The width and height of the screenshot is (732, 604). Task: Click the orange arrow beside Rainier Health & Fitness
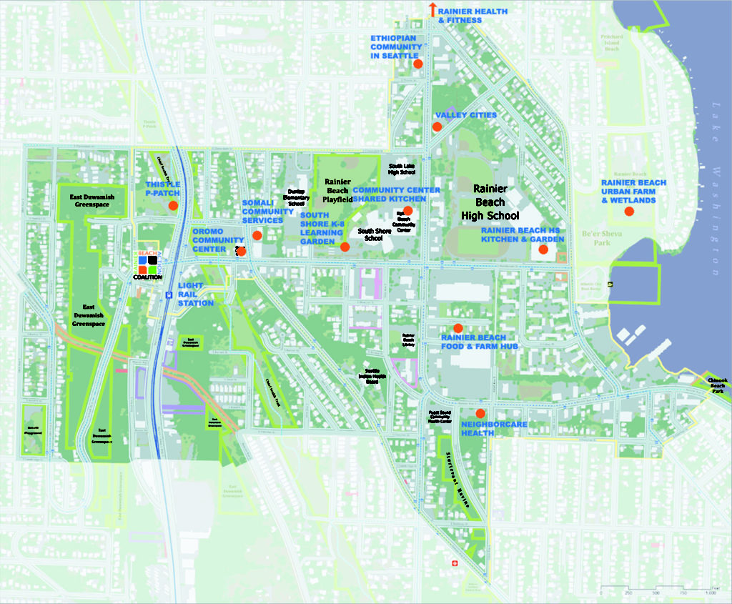point(432,9)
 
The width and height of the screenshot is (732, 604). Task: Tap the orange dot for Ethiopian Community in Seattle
point(418,64)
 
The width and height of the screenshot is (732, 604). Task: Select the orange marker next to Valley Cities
point(436,127)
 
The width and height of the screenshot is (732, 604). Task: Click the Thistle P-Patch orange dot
point(172,206)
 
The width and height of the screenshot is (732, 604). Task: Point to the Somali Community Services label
point(268,211)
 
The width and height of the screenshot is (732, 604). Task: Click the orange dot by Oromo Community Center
point(241,251)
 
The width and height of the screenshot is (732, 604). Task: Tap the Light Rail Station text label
point(195,294)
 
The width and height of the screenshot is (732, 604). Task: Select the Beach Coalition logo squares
point(148,264)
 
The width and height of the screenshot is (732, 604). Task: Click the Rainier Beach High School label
point(490,202)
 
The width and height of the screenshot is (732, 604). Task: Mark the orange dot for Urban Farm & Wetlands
point(629,211)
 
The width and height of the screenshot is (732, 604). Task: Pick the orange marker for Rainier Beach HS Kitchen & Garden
point(543,249)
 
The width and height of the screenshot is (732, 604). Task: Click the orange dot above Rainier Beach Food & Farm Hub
point(458,327)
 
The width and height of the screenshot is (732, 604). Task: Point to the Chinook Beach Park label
point(716,385)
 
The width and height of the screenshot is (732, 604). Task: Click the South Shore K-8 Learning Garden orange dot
point(345,247)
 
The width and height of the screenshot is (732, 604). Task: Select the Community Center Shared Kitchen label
point(396,194)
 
